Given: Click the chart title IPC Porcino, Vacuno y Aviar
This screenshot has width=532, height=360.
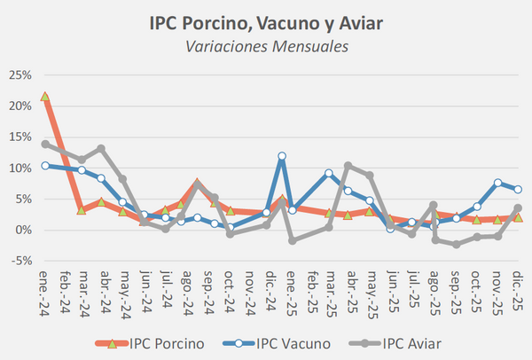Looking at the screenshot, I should (266, 20).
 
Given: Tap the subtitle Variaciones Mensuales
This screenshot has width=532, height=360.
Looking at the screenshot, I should (266, 43).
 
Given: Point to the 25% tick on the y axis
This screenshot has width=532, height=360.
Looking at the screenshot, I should (20, 74).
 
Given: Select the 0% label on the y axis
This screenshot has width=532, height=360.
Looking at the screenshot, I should (24, 230).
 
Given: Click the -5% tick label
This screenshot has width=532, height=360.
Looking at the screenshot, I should (21, 261).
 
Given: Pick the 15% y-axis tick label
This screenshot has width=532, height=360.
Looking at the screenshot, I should (20, 137).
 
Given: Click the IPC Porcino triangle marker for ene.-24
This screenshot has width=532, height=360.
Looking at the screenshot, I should (45, 96).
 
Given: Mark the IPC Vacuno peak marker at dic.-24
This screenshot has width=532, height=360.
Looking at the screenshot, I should (282, 156).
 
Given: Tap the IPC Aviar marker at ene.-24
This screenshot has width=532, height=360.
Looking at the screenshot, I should (45, 144).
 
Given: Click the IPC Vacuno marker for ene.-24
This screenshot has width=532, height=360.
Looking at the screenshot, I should (45, 165).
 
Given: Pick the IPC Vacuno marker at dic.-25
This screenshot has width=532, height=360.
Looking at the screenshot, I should (518, 189).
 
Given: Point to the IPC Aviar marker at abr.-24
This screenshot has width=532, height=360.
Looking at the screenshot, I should (101, 149).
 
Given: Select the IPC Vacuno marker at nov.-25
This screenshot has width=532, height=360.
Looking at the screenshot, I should (498, 183).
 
